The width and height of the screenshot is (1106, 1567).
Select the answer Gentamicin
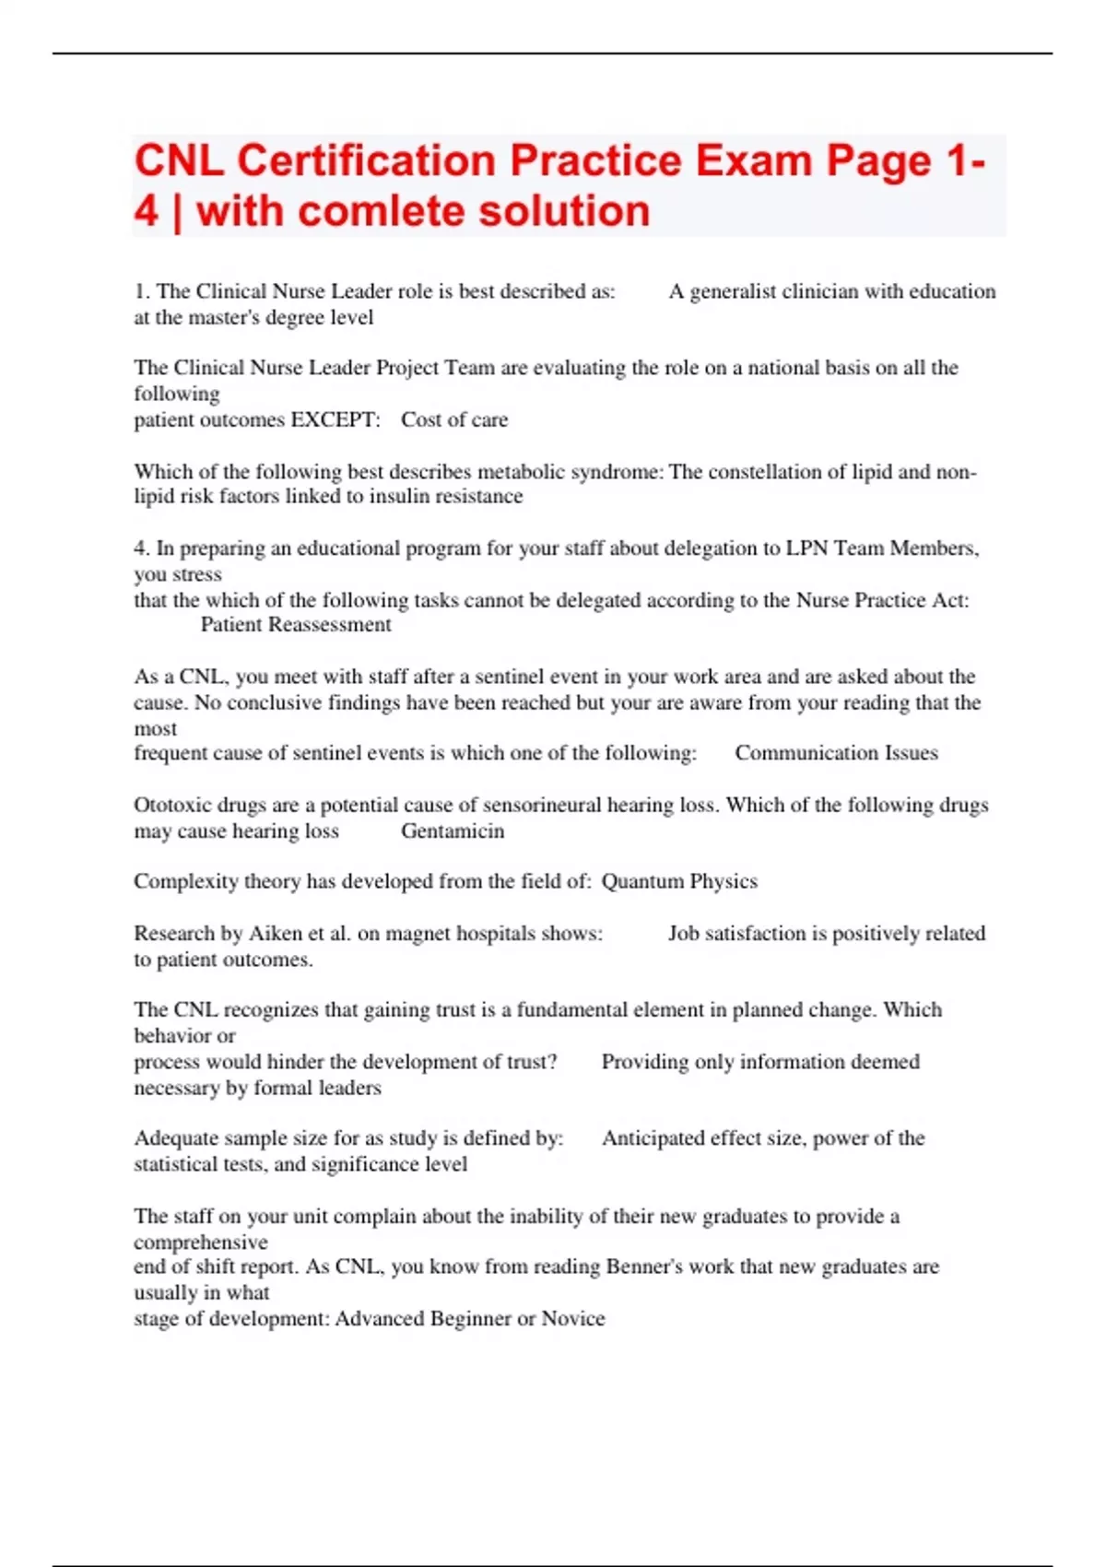[453, 831]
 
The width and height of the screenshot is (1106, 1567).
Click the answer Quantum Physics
[679, 881]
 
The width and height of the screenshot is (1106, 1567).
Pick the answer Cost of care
[454, 420]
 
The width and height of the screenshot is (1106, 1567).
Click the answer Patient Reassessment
[296, 625]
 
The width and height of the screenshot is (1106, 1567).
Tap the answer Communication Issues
[836, 753]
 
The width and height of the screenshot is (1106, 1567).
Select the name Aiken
[276, 934]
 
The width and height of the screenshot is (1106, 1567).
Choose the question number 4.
[141, 548]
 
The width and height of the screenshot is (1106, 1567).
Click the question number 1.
[141, 292]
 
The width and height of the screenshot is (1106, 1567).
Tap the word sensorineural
[532, 806]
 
